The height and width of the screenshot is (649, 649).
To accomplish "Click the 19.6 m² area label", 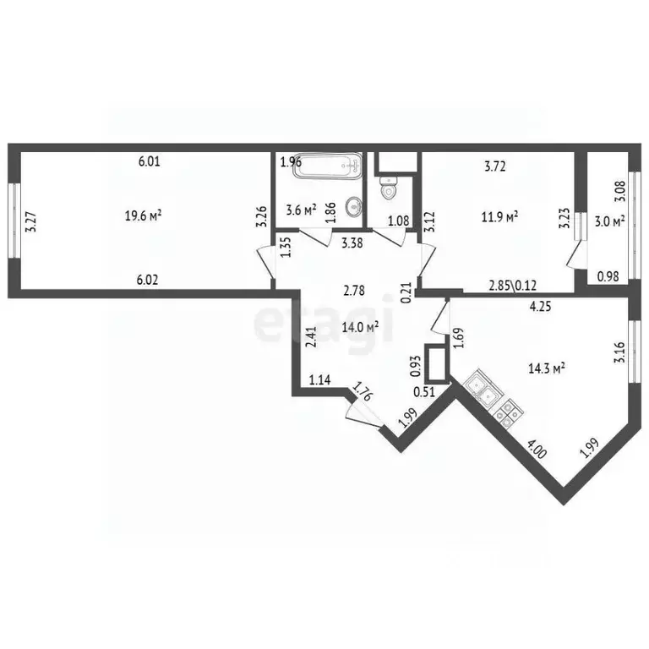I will [143, 216].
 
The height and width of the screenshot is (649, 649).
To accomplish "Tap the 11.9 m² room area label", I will [500, 216].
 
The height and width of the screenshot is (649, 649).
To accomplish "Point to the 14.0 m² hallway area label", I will [360, 326].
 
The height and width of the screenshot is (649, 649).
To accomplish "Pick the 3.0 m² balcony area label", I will [608, 221].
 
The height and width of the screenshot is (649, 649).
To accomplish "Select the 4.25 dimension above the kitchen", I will [540, 308].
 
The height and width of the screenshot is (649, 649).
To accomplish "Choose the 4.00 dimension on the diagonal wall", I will [537, 447].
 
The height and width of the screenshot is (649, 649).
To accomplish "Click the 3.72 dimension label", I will [494, 166].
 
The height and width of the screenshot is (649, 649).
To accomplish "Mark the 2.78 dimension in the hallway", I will [354, 292].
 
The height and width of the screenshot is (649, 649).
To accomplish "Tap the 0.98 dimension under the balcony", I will [608, 275].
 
